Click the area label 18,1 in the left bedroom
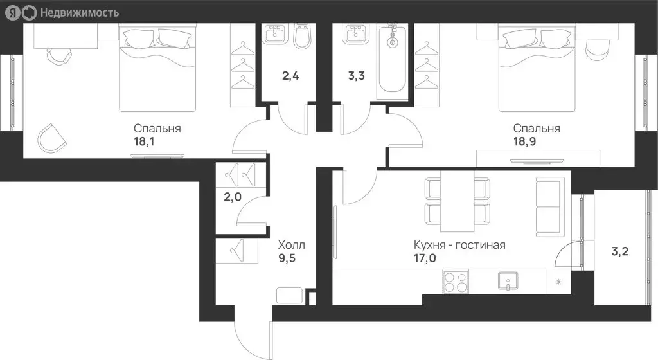[144, 141]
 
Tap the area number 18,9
[524, 141]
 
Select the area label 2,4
[290, 76]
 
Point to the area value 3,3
[356, 76]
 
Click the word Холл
[292, 245]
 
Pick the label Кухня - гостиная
[459, 245]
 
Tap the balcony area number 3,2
[620, 251]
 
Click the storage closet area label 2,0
[233, 196]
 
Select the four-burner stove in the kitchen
[456, 282]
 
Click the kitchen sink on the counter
[508, 281]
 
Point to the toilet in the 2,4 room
[303, 36]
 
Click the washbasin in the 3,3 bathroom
[355, 33]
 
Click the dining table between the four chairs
[457, 201]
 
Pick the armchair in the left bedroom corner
[51, 138]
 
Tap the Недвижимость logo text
[79, 13]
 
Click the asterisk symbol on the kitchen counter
[558, 282]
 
